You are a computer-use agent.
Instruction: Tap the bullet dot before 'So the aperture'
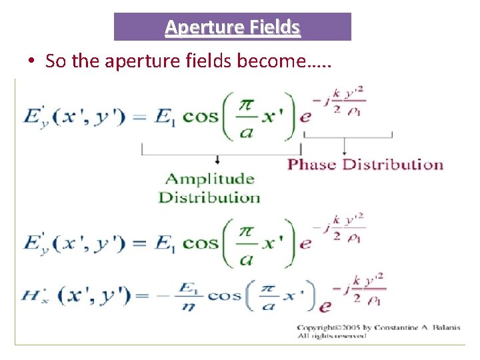point(31,61)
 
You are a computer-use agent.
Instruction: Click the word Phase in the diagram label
point(313,164)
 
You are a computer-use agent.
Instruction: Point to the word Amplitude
point(209,179)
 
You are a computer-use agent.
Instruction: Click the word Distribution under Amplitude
point(209,197)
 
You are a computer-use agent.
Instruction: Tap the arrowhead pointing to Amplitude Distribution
point(217,161)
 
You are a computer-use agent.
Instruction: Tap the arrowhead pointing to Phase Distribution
point(344,150)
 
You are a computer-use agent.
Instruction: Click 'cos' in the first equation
point(201,117)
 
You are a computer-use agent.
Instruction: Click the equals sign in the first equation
point(138,117)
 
